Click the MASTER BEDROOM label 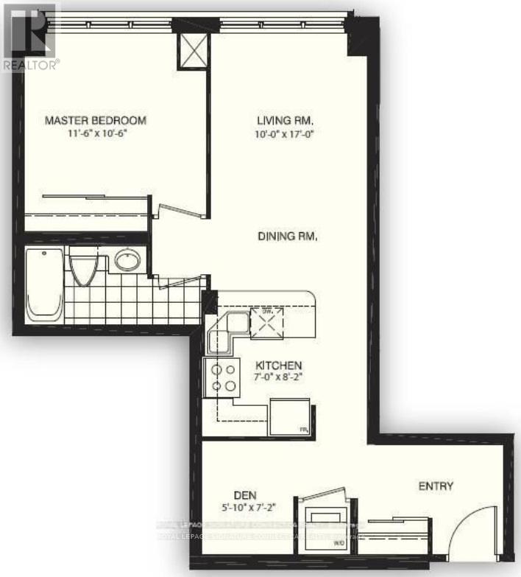point(96,120)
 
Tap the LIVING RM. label point(286,120)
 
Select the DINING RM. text point(288,237)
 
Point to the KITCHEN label point(279,366)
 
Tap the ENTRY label point(436,486)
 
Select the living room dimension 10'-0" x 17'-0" point(286,133)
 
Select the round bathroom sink point(128,260)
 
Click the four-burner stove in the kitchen point(224,377)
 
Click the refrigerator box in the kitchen point(289,417)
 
